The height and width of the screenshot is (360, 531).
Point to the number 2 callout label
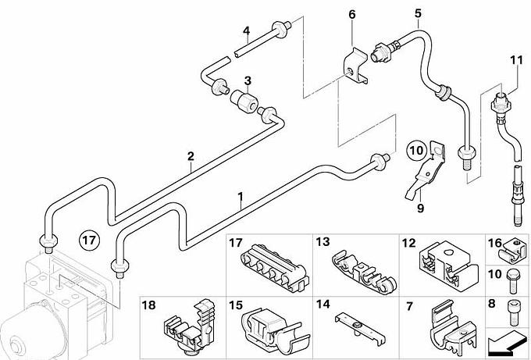point(190,156)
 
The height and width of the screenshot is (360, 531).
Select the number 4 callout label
point(246,32)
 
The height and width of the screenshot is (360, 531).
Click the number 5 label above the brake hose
point(418,13)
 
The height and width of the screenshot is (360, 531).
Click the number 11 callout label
point(515,59)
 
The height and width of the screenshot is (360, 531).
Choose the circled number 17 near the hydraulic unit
point(91,239)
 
